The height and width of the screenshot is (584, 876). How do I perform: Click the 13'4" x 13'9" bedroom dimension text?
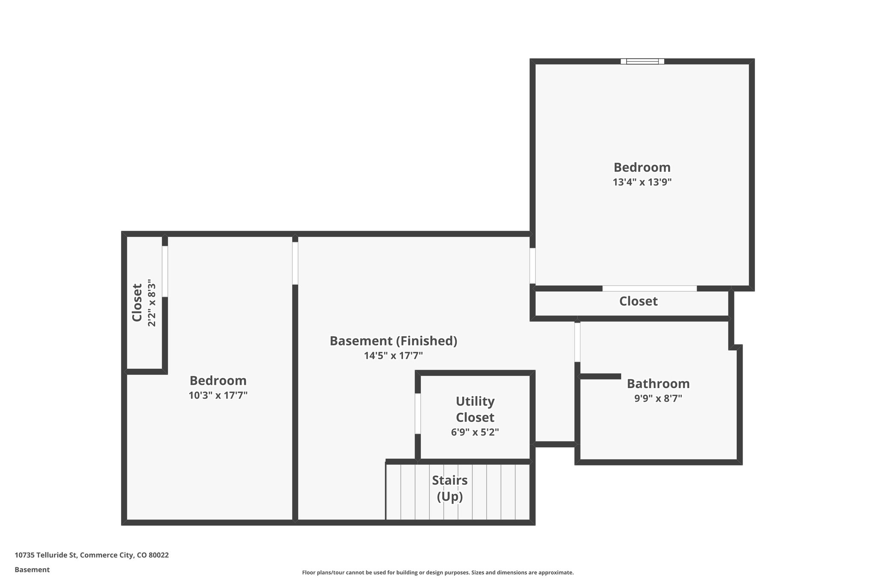642,182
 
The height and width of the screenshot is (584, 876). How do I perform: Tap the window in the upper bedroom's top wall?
642,61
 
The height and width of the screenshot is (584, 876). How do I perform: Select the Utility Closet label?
475,409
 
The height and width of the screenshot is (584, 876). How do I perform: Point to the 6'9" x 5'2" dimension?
475,432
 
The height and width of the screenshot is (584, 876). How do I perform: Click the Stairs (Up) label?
450,488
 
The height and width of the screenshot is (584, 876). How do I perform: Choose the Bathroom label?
658,383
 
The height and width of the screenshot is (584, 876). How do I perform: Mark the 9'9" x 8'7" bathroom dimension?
658,398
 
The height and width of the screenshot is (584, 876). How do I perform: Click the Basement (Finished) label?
393,341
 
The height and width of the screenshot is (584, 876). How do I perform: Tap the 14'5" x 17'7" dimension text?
393,356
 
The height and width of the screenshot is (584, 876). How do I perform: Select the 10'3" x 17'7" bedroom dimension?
218,395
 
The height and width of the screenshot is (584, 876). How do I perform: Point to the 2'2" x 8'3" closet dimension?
151,303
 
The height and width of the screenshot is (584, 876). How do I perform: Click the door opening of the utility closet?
417,413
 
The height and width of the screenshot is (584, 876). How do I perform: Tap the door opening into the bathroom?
577,342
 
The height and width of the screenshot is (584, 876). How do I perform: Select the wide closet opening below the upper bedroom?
649,288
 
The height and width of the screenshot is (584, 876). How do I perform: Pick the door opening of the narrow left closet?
165,271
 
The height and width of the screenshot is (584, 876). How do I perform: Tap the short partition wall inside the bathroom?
600,376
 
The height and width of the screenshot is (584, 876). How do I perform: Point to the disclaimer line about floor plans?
438,572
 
